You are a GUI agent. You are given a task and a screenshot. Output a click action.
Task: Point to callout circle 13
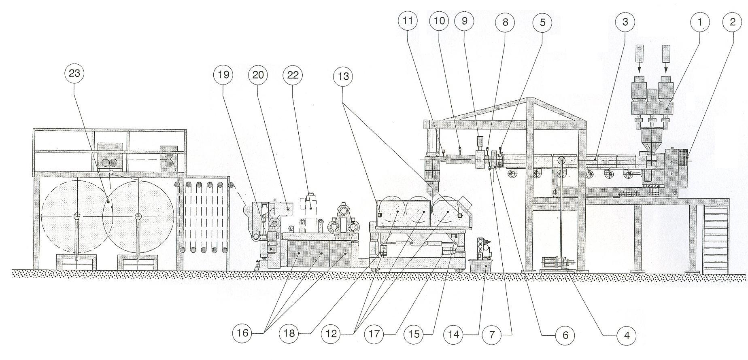pyautogui.click(x=343, y=76)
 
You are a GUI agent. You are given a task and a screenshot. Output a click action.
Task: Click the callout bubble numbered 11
pyautogui.click(x=408, y=21)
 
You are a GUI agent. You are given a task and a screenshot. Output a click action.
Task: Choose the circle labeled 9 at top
pyautogui.click(x=464, y=21)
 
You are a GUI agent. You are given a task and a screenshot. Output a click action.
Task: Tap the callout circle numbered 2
pyautogui.click(x=733, y=22)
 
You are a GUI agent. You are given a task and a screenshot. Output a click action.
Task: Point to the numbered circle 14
pyautogui.click(x=454, y=334)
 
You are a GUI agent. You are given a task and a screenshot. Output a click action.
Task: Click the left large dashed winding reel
pyautogui.click(x=77, y=217)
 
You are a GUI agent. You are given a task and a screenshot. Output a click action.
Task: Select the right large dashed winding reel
pyautogui.click(x=138, y=217)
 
